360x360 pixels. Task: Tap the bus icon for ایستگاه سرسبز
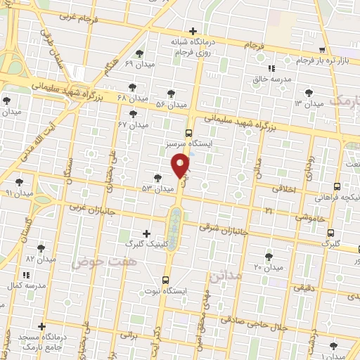click(188, 132)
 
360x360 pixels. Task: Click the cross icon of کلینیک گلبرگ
click(146, 233)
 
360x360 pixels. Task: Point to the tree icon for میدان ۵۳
click(157, 178)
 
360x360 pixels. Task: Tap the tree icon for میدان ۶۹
click(141, 53)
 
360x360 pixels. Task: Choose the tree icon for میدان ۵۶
click(171, 94)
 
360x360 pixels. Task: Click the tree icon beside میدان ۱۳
click(309, 93)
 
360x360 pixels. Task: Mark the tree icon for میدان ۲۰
click(269, 257)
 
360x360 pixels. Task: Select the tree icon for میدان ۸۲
click(41, 248)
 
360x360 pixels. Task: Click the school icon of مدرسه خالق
click(271, 69)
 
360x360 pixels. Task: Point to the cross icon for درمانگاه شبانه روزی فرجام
click(193, 31)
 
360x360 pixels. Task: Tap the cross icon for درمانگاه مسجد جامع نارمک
click(42, 327)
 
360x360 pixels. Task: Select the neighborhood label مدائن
click(245, 276)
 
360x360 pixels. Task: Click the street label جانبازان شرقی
click(224, 229)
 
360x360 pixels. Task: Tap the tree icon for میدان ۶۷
click(133, 114)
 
